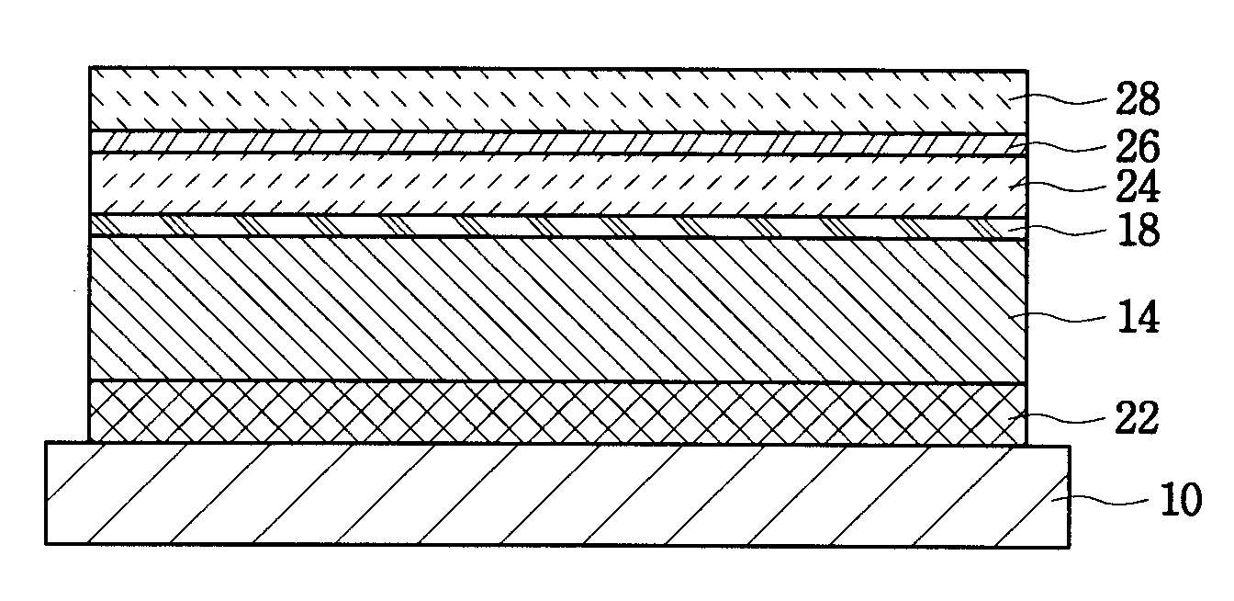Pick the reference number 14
tap(1139, 318)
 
